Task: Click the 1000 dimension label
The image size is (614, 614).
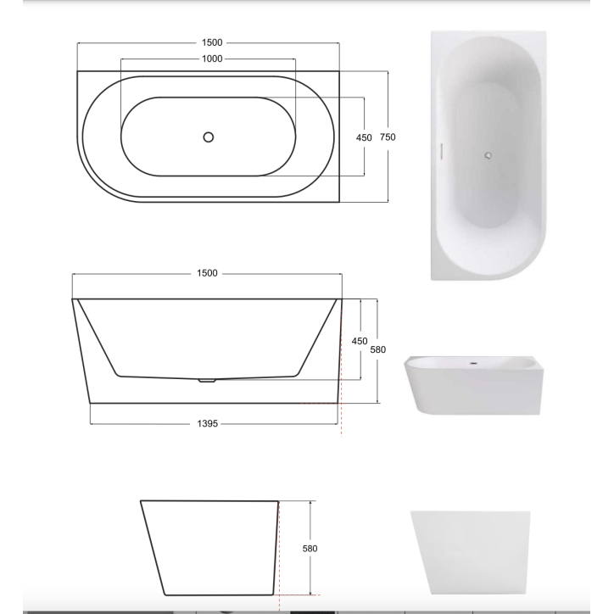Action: pyautogui.click(x=212, y=59)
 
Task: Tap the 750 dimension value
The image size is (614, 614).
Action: pyautogui.click(x=388, y=137)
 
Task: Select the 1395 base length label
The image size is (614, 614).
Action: pyautogui.click(x=208, y=422)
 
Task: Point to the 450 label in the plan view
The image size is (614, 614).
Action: pyautogui.click(x=364, y=137)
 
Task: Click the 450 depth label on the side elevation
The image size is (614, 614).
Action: pyautogui.click(x=360, y=341)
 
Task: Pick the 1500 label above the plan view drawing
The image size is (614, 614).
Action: pyautogui.click(x=212, y=42)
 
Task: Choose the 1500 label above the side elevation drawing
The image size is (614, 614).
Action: pyautogui.click(x=207, y=273)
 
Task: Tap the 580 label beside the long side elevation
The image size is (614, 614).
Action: pyautogui.click(x=378, y=349)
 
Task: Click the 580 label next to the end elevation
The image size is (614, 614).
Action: pyautogui.click(x=310, y=549)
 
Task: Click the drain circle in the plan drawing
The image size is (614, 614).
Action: pyautogui.click(x=208, y=137)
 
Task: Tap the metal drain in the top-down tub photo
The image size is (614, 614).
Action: pyautogui.click(x=488, y=155)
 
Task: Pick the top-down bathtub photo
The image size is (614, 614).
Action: pyautogui.click(x=488, y=155)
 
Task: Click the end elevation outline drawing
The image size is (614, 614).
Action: pyautogui.click(x=209, y=547)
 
